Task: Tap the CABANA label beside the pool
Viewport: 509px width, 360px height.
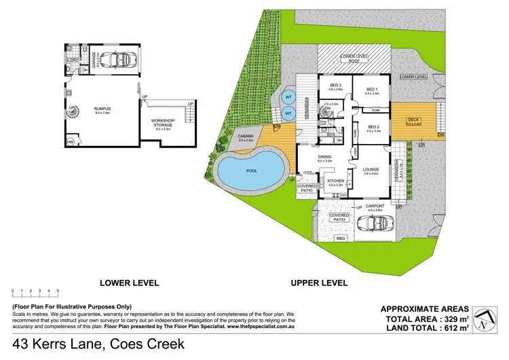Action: tap(245, 138)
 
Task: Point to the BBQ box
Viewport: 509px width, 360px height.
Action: tap(340, 238)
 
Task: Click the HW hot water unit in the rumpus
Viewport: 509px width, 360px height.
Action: tap(71, 141)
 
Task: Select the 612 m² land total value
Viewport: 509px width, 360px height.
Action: tap(453, 329)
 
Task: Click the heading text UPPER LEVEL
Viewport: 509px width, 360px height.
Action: tap(319, 283)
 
